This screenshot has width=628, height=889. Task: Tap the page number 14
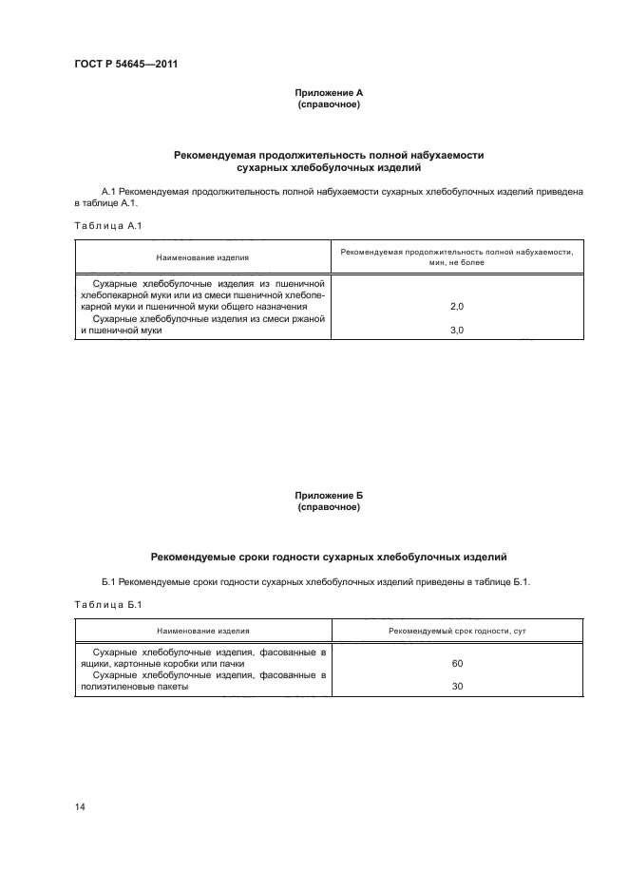[80, 807]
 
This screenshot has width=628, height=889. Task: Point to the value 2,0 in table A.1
[456, 308]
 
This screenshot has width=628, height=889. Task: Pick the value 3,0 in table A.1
[456, 331]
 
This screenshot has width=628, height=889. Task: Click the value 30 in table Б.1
[457, 687]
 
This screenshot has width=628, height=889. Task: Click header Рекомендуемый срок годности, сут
[457, 630]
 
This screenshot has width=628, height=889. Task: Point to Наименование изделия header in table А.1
[203, 256]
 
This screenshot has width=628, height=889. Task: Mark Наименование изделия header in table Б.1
[203, 630]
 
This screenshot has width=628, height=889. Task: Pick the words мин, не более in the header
[456, 262]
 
